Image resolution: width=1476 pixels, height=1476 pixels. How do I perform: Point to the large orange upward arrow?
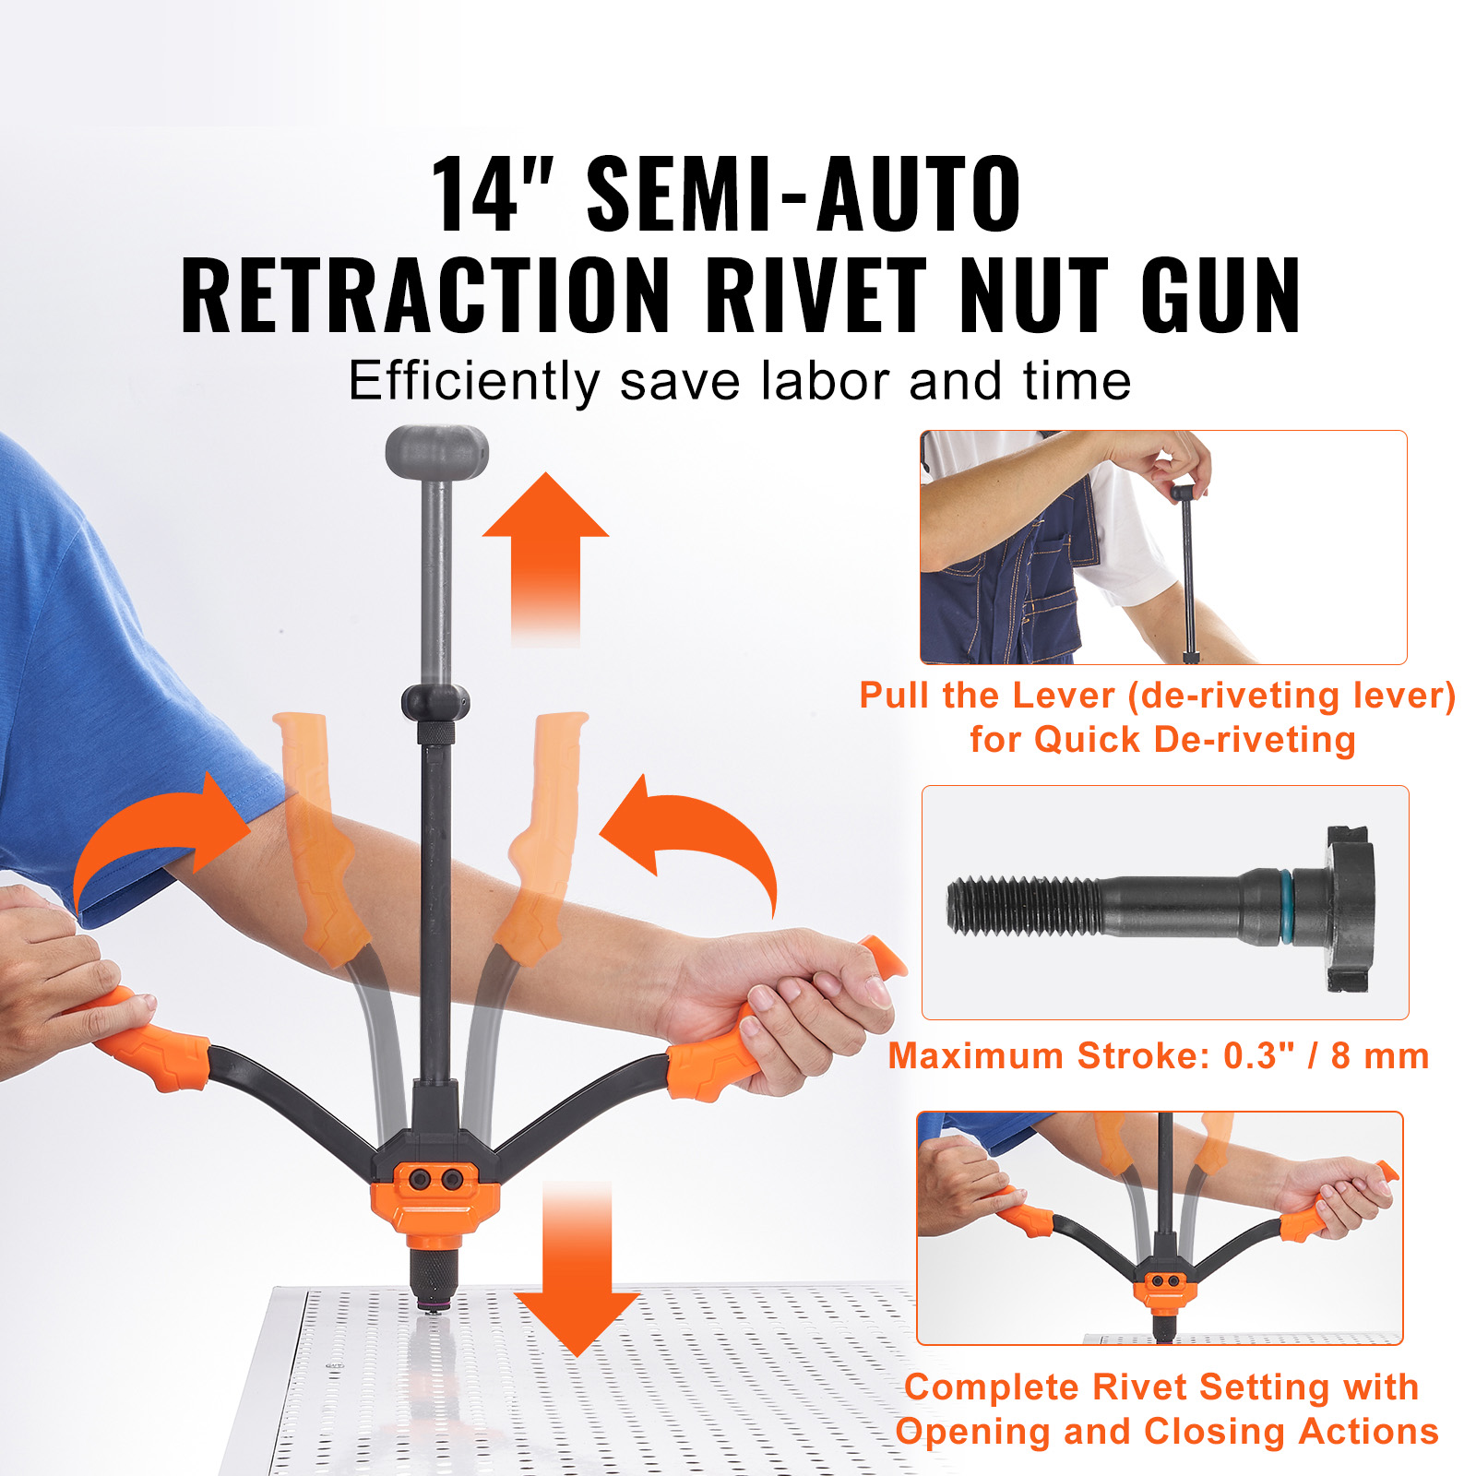[x=545, y=557]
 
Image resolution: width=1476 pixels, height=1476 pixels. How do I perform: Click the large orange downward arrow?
[x=577, y=1269]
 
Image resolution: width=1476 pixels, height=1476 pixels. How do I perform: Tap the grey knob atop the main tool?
[x=436, y=451]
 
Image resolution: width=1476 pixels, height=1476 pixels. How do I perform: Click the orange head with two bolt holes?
[x=435, y=1197]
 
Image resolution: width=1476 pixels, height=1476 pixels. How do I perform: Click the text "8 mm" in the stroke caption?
[x=1380, y=1055]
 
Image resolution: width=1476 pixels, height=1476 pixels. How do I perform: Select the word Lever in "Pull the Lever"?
[x=1065, y=696]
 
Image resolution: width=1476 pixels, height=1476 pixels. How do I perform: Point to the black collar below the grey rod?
[x=435, y=703]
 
